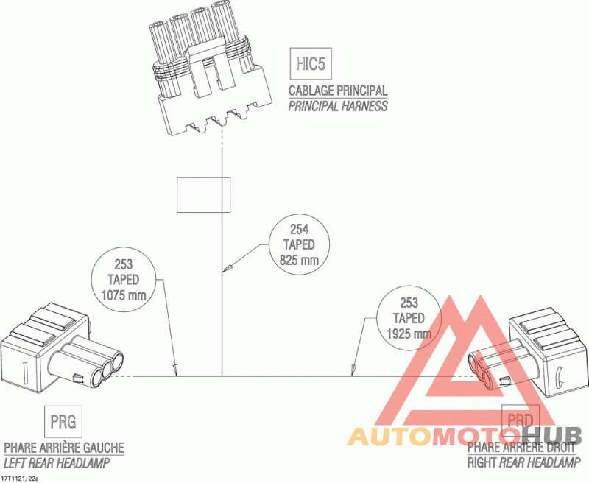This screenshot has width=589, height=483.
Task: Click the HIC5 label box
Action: [310, 64]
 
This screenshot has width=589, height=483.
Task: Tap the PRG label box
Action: [63, 422]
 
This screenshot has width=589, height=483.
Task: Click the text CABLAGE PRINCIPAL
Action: [338, 91]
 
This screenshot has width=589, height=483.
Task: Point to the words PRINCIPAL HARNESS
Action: [338, 106]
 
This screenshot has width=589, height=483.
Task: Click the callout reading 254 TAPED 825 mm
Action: [299, 244]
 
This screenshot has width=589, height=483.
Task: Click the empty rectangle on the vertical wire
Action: [203, 194]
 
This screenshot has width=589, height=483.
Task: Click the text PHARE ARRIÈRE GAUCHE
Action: [64, 448]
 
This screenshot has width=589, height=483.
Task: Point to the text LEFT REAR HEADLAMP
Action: [57, 463]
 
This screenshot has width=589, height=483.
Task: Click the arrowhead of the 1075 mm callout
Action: [175, 371]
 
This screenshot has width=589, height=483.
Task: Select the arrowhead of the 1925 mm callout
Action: [354, 371]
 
